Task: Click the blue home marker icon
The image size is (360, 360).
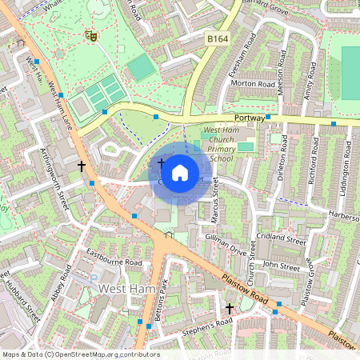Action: tap(180, 172)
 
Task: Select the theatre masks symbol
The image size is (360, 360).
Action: tap(90, 35)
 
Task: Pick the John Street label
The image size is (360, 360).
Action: tap(280, 265)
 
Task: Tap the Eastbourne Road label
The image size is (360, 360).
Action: tap(114, 262)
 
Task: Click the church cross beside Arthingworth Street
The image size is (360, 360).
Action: tap(81, 166)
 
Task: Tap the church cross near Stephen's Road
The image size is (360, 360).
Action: tap(230, 308)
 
